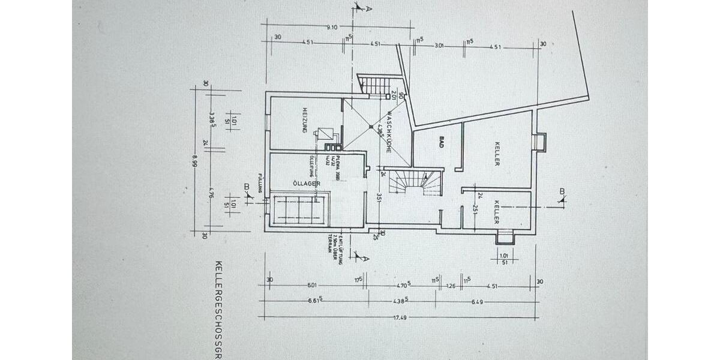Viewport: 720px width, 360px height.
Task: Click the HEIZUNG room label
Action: (305, 120)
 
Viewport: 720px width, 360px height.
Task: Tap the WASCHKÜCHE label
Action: (389, 131)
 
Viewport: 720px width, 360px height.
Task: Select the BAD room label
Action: (441, 142)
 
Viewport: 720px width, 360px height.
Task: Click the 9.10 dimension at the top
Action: (332, 26)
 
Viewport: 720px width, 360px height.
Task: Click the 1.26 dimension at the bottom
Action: (452, 287)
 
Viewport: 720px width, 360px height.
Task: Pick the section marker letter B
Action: (562, 192)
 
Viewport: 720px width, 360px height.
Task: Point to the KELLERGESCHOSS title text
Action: (219, 306)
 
